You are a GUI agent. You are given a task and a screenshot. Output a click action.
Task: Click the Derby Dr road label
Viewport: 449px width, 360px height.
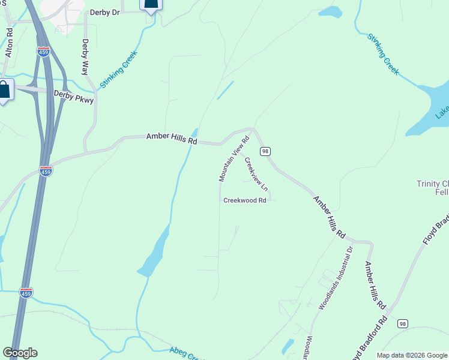(x=106, y=12)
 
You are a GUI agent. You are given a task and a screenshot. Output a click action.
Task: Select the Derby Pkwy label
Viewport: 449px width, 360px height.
(x=74, y=97)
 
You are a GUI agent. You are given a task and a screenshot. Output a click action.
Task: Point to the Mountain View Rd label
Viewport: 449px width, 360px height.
(x=234, y=159)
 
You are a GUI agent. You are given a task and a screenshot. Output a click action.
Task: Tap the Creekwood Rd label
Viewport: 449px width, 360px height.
(x=244, y=200)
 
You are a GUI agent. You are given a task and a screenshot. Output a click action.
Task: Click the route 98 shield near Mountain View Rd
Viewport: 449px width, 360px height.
(x=265, y=151)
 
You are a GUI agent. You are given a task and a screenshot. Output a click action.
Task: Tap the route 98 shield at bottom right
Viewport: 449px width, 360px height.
(x=402, y=323)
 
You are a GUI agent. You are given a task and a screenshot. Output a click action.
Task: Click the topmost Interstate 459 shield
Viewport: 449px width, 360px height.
(x=43, y=52)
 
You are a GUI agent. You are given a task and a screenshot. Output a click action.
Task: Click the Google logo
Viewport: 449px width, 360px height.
(x=20, y=353)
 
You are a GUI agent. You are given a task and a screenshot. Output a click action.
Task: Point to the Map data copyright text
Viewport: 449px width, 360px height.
(x=412, y=355)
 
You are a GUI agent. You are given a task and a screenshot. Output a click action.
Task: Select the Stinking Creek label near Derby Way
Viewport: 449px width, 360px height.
(x=119, y=70)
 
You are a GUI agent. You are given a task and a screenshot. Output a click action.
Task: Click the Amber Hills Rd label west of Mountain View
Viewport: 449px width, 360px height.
(x=172, y=139)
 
